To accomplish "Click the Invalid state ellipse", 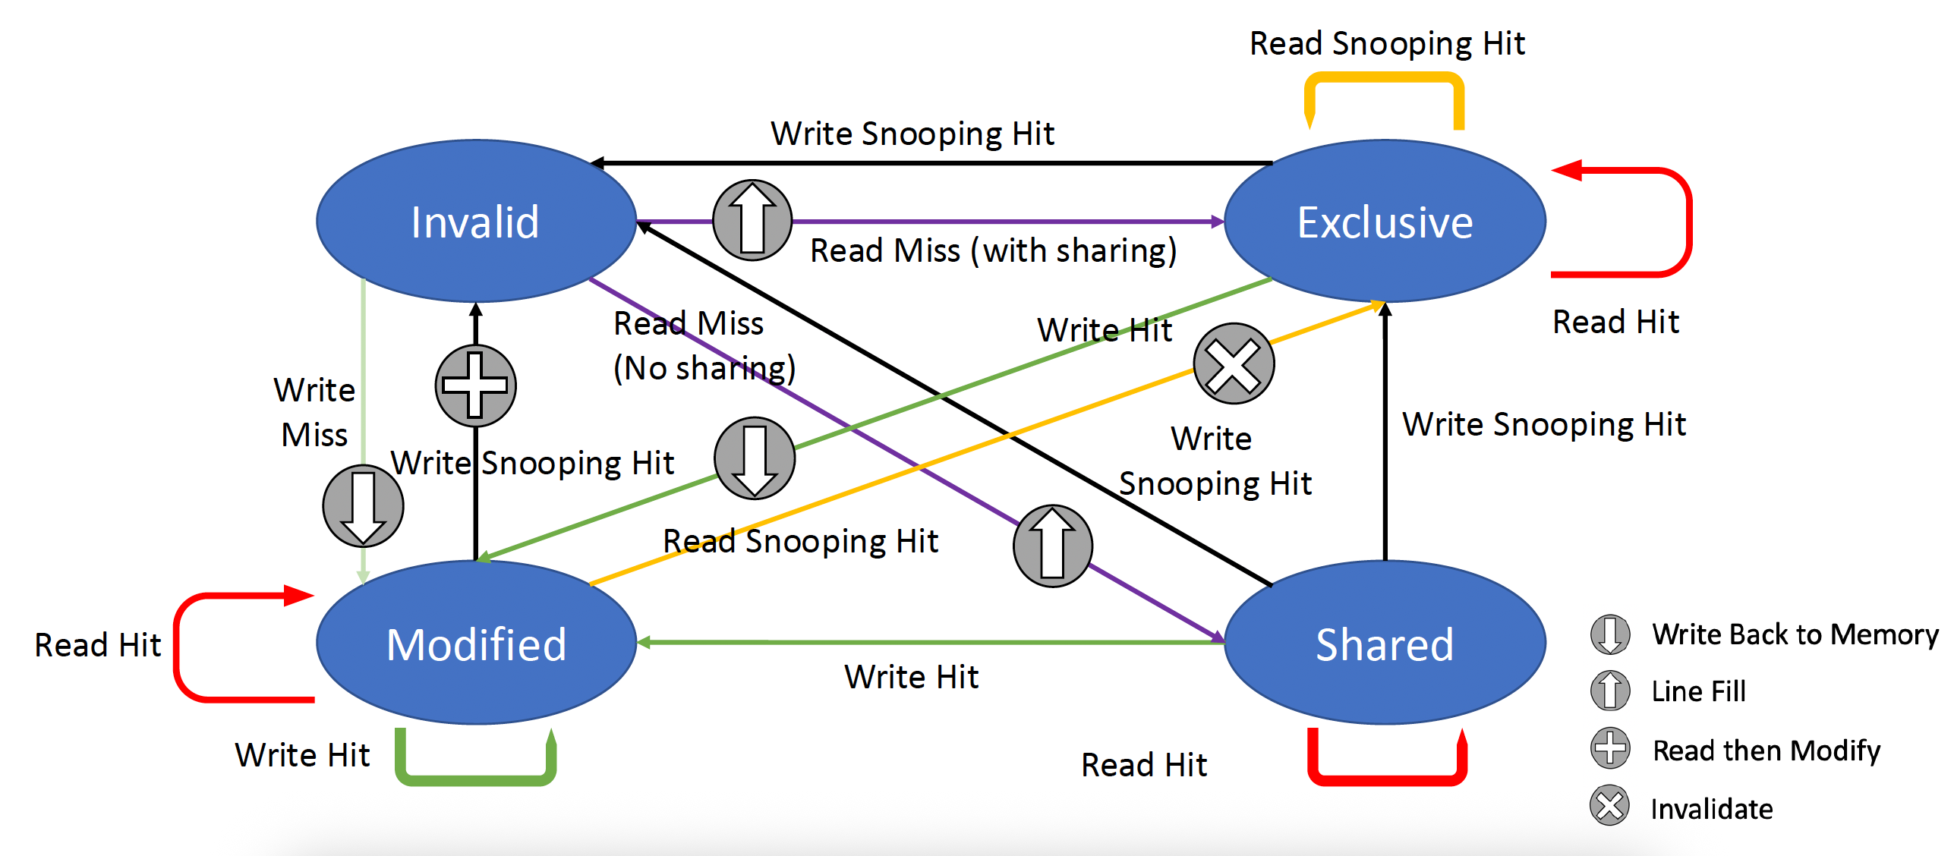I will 475,221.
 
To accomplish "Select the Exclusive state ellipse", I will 1385,221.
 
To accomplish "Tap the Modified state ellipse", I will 475,644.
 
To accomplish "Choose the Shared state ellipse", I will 1385,644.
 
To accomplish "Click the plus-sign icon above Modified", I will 475,386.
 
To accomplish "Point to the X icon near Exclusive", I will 1234,364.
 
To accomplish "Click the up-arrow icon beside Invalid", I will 752,220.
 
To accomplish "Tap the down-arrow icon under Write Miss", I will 363,506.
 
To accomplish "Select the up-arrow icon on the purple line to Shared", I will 1052,546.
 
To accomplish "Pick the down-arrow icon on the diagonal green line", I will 755,458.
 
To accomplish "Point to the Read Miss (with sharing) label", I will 993,250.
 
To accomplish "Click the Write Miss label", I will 314,412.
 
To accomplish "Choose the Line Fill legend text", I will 1699,691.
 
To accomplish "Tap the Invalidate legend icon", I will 1609,806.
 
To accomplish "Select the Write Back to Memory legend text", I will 1795,634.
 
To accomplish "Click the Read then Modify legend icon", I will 1609,748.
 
